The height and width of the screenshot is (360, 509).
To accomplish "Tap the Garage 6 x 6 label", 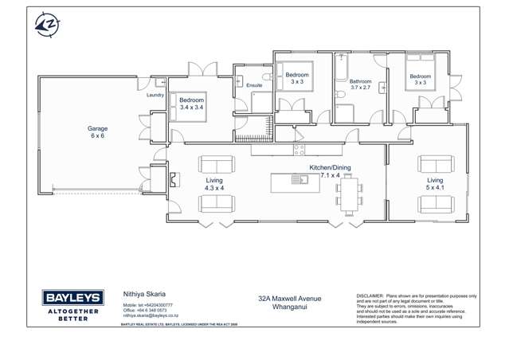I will click(97, 132).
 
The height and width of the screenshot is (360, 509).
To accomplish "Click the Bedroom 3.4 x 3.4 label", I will click(191, 104).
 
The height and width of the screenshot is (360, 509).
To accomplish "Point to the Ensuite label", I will click(254, 84).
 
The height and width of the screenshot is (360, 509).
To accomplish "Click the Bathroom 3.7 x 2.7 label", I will click(360, 84).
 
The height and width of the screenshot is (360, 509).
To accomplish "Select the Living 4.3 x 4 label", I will click(214, 184).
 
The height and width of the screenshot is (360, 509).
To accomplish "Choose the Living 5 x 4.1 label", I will click(434, 184).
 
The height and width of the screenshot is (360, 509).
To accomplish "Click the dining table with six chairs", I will click(349, 196).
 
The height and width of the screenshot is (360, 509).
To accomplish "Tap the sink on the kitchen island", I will click(300, 179).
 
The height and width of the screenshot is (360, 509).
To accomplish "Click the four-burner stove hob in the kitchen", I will click(300, 149).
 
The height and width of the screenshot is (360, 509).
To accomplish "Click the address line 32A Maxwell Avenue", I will click(289, 299).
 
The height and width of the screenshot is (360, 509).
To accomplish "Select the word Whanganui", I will click(289, 307).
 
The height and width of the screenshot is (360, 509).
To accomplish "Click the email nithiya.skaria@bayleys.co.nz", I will click(151, 315).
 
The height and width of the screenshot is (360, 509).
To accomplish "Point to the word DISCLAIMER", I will click(370, 295).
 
